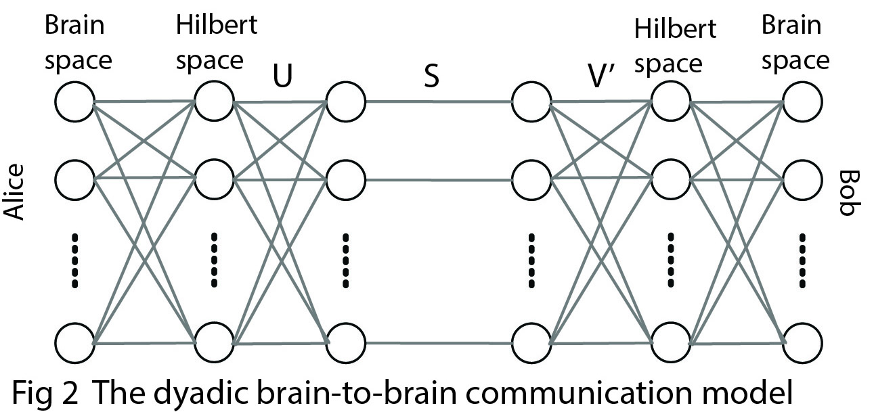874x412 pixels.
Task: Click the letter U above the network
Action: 283,76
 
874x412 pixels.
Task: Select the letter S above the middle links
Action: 431,76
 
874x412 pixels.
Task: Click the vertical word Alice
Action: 15,192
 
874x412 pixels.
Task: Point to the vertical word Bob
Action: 848,193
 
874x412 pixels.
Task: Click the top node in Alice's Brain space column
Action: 74,102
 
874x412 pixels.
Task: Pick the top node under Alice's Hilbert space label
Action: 214,102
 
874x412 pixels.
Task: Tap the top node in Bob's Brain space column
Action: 803,102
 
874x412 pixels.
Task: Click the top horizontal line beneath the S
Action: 439,103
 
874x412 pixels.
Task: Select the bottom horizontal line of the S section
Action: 439,344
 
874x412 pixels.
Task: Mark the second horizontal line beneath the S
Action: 439,181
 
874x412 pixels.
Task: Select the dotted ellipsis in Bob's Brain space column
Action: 803,260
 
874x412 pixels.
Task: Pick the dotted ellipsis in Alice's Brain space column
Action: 75,260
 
